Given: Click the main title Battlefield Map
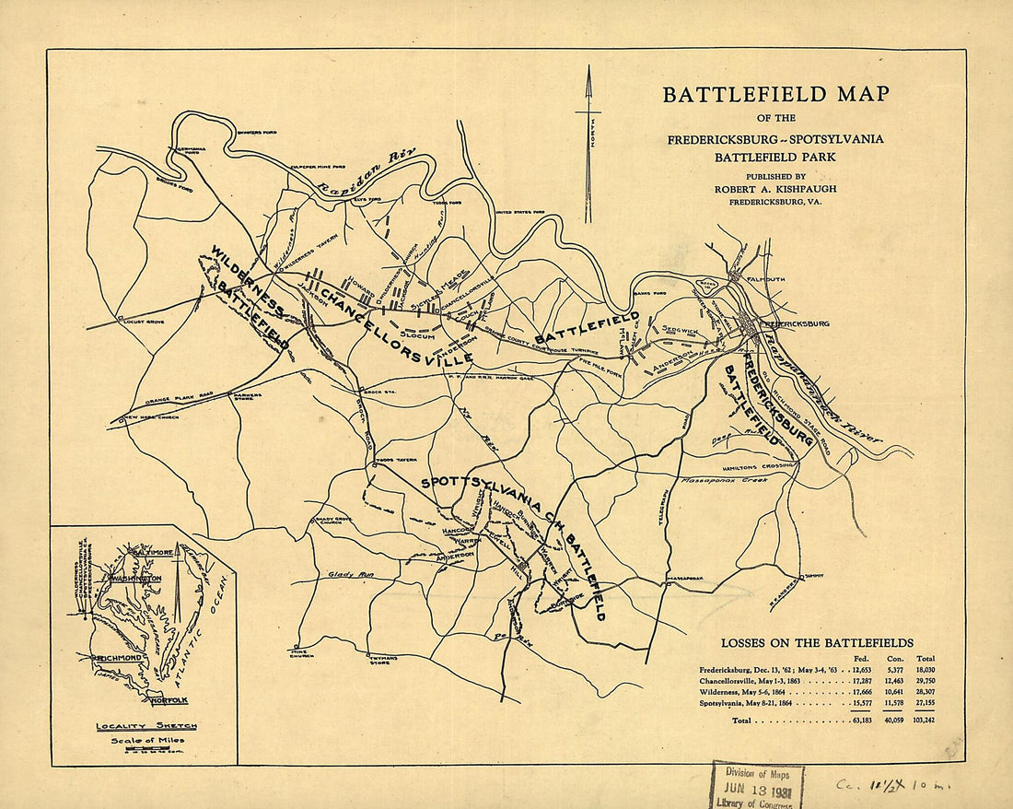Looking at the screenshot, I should pyautogui.click(x=776, y=94).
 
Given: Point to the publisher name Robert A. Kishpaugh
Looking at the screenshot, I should pyautogui.click(x=776, y=189).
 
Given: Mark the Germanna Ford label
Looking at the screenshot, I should pyautogui.click(x=187, y=149).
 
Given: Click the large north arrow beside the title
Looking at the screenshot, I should pyautogui.click(x=588, y=143).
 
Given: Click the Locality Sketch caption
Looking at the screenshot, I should pyautogui.click(x=146, y=726).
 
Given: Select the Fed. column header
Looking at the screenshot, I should pyautogui.click(x=862, y=658).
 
